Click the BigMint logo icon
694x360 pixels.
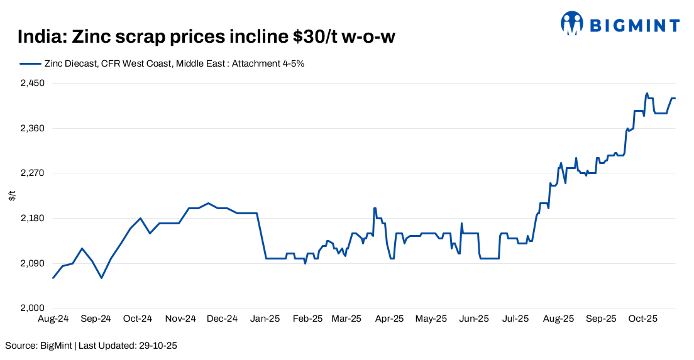tap(572, 24)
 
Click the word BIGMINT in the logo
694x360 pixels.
tap(634, 26)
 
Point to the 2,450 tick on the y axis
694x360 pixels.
tap(31, 84)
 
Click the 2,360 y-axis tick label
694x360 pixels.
tap(31, 128)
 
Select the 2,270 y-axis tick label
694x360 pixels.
tap(31, 173)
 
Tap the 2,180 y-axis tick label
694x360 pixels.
tap(31, 219)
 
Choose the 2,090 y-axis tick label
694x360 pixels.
tap(31, 263)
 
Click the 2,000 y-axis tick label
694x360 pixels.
tap(31, 308)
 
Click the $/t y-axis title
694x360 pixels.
tap(12, 196)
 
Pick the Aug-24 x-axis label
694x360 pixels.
tap(53, 319)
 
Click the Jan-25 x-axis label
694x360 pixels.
tap(265, 319)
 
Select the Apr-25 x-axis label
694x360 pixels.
tap(389, 319)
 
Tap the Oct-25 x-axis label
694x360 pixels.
tap(643, 319)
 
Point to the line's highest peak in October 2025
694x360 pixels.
tap(647, 94)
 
